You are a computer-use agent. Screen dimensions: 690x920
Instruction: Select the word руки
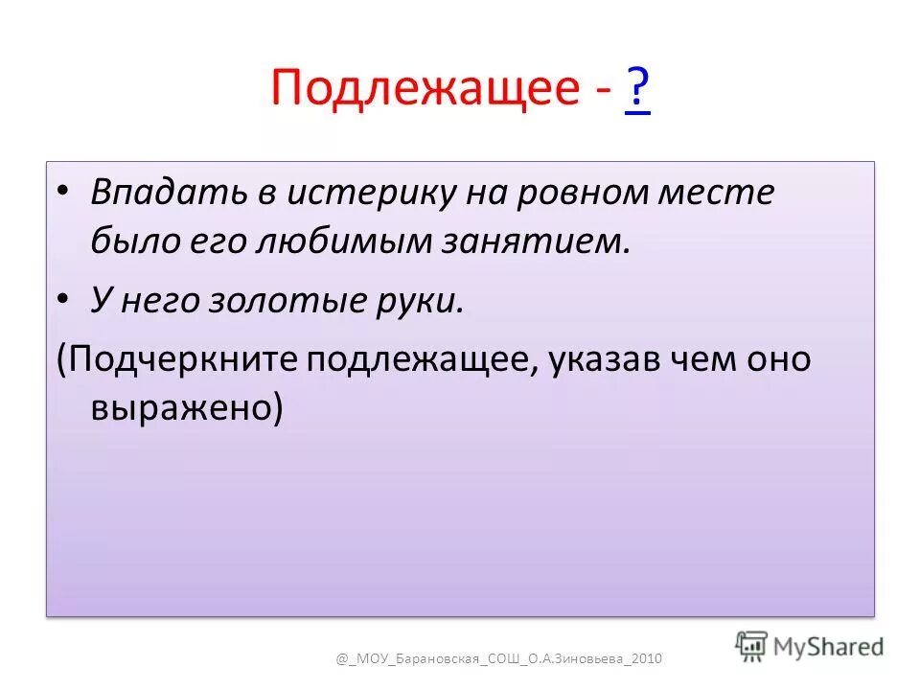425,301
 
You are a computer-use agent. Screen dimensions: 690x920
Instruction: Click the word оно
776,360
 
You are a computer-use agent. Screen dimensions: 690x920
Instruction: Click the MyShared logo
810,646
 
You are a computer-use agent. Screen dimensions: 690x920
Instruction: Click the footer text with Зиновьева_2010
498,658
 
